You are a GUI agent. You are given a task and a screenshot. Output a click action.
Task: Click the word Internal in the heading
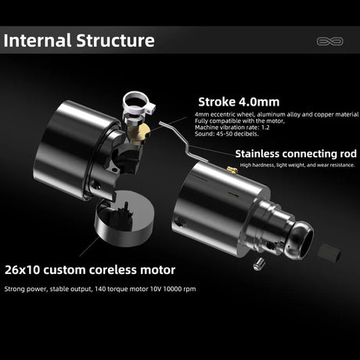[x=38, y=41]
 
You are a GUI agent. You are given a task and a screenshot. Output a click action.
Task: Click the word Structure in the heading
[x=115, y=41]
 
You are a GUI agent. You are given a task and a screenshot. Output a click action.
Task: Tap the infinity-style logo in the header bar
[x=329, y=41]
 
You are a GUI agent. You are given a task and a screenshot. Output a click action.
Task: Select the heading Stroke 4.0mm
[x=239, y=102]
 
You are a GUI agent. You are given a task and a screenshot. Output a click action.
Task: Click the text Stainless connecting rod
[x=296, y=153]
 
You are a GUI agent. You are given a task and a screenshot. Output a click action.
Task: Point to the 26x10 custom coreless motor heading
[x=90, y=270]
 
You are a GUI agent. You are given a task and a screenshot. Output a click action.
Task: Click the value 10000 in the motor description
[x=173, y=289]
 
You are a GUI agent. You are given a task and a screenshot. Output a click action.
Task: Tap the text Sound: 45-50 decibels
[x=226, y=134]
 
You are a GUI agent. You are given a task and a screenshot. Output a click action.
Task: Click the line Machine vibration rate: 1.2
[x=232, y=128]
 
